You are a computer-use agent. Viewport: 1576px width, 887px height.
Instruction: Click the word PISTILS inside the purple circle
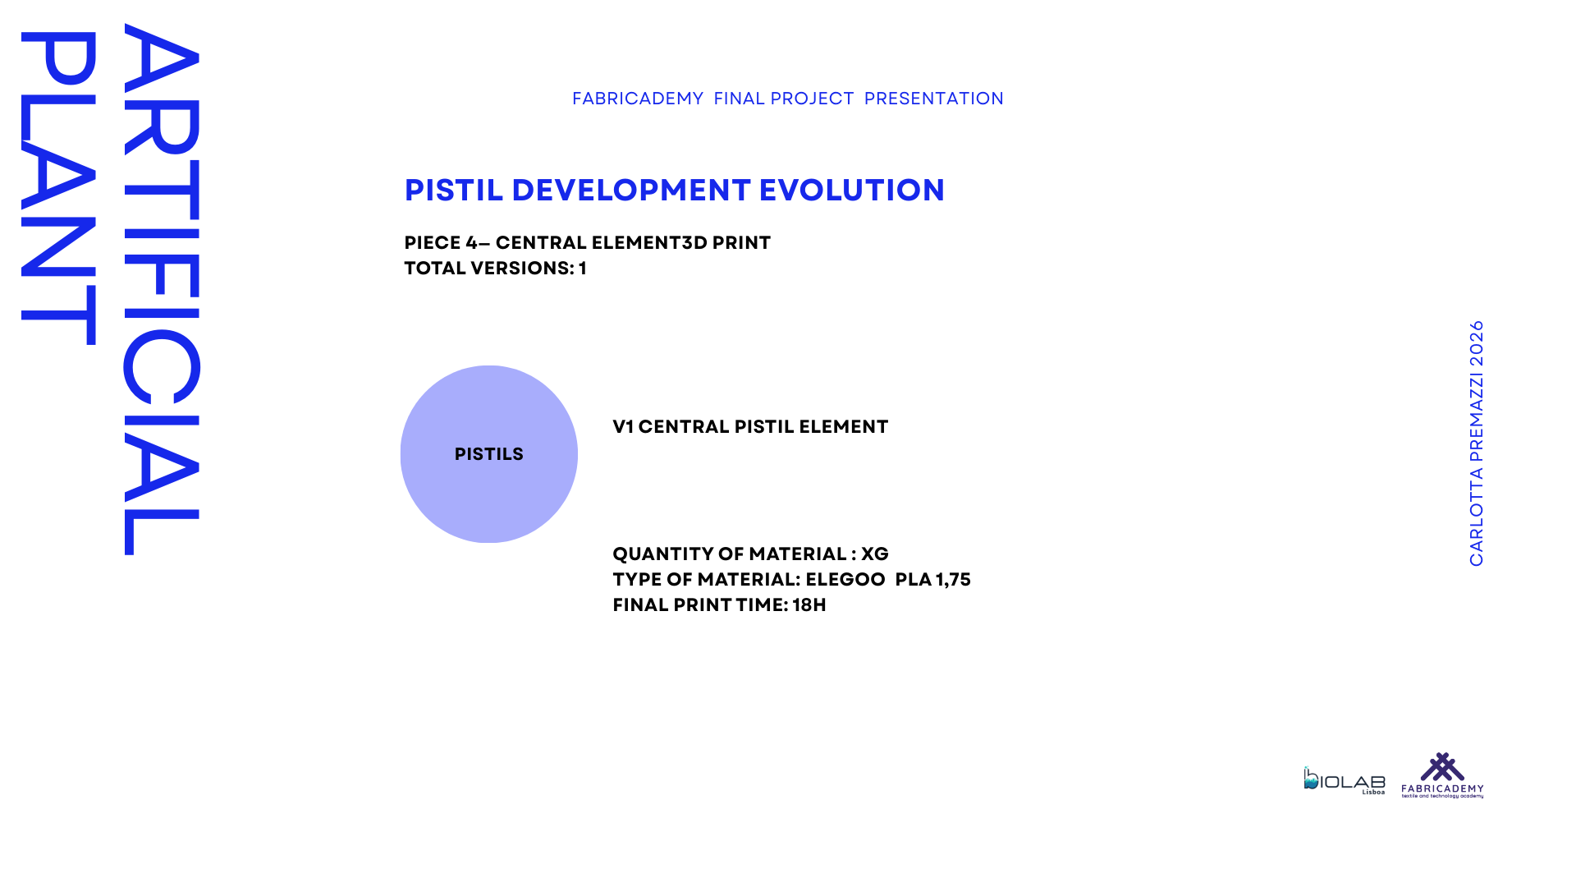(x=489, y=454)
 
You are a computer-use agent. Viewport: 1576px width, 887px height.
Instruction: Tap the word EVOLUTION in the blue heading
(x=852, y=190)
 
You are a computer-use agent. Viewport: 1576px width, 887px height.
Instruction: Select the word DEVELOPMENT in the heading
(x=631, y=190)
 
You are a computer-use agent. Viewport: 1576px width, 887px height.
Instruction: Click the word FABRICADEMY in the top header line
(x=638, y=99)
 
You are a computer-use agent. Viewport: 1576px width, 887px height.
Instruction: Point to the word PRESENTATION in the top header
(x=934, y=99)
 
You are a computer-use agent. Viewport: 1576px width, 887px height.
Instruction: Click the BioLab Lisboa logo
(x=1345, y=780)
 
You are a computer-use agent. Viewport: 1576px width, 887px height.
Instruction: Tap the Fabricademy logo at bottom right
(x=1442, y=775)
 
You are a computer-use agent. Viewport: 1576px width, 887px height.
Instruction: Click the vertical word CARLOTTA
(x=1477, y=517)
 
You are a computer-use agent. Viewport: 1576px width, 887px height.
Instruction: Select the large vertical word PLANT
(x=59, y=188)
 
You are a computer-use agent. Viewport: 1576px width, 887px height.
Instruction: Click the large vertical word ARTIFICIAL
(x=162, y=289)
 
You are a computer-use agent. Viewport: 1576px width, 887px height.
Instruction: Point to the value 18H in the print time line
(x=809, y=605)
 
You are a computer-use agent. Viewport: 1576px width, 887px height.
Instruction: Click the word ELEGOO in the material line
(x=845, y=580)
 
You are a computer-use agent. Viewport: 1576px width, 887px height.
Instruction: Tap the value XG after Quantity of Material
(x=875, y=554)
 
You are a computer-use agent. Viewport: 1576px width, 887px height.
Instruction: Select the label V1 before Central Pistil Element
(x=623, y=427)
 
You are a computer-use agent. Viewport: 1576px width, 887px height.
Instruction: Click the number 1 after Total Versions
(x=583, y=269)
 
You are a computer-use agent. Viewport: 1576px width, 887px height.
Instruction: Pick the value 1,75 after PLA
(x=953, y=580)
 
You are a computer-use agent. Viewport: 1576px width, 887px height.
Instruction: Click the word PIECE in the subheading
(x=433, y=243)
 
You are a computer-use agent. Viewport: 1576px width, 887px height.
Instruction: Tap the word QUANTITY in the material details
(x=662, y=554)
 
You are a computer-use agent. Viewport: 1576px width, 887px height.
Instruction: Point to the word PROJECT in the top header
(x=812, y=99)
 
